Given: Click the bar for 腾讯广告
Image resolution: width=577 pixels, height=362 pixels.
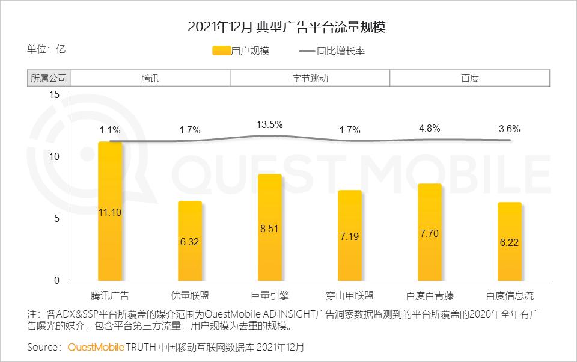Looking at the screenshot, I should tap(110, 211).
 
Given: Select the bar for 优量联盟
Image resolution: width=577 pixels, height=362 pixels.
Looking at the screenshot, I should tap(190, 241).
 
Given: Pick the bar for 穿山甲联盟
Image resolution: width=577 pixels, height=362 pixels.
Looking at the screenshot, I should tap(350, 236).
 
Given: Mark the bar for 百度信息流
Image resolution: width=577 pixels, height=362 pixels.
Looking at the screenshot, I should tap(510, 242).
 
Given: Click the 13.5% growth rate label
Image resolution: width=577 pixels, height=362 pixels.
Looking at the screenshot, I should tap(270, 124).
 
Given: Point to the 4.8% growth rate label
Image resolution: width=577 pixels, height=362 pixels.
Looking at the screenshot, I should tap(430, 128).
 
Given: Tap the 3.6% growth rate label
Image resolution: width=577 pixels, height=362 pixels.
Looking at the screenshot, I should tap(510, 129).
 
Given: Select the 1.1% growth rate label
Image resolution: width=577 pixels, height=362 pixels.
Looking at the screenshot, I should tap(110, 129).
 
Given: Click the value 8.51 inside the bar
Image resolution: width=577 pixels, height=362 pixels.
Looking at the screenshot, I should tap(270, 229).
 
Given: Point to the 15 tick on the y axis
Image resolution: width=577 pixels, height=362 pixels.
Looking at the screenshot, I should tap(54, 94).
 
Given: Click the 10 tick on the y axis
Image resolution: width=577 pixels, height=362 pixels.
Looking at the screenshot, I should tap(54, 156).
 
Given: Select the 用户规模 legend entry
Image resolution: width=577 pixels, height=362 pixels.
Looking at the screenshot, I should tap(240, 51).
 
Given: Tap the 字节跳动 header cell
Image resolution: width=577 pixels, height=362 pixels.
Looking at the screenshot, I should tap(310, 78).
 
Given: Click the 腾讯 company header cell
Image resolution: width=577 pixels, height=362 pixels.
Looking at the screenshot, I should tap(150, 78).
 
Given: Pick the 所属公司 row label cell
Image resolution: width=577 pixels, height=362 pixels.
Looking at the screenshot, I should tap(49, 78).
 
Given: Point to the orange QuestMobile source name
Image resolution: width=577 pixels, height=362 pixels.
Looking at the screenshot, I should tap(96, 348).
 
